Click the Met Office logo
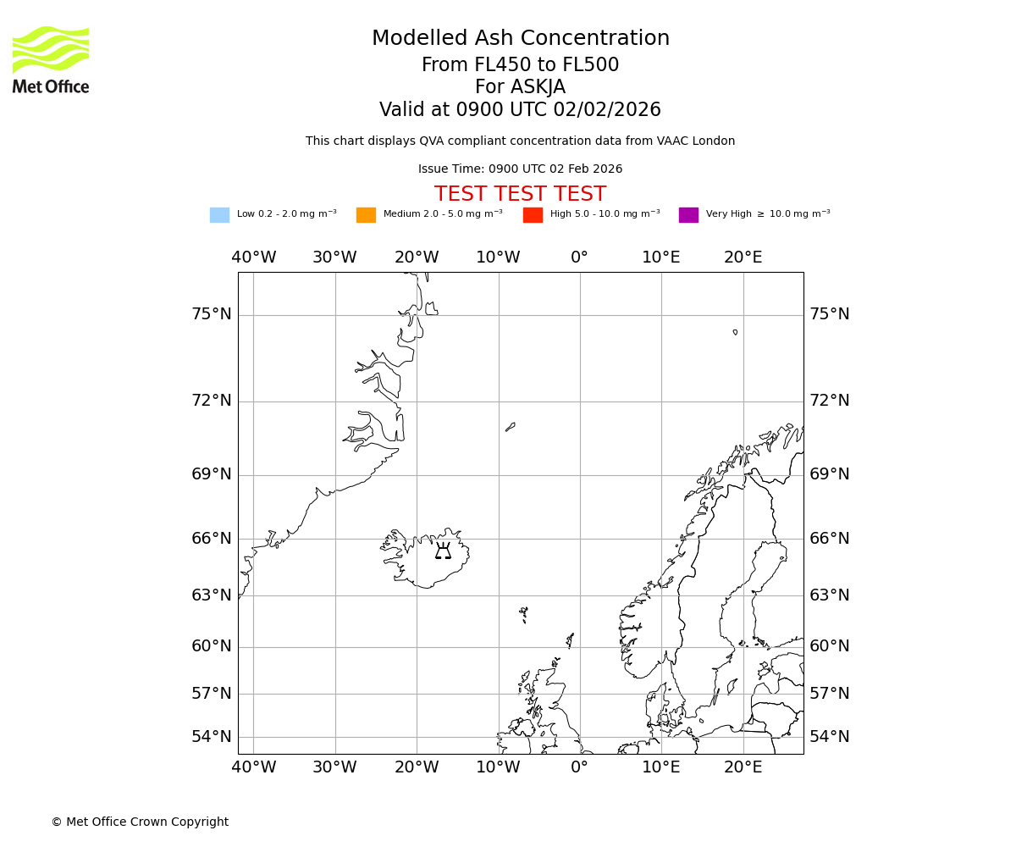point(51,59)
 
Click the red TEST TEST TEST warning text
point(520,194)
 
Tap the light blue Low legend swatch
point(219,214)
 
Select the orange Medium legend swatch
point(366,214)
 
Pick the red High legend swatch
point(533,214)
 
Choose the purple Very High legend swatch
point(688,214)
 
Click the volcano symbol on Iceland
point(443,552)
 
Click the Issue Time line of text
point(520,169)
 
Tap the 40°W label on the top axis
point(254,257)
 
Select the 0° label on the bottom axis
point(579,767)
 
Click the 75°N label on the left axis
point(212,314)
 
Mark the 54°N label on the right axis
point(829,736)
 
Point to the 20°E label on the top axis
point(743,257)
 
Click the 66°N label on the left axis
point(212,538)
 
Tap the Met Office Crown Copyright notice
point(140,822)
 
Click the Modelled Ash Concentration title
point(520,38)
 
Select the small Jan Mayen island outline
point(511,427)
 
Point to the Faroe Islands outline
point(524,614)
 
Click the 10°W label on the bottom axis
point(498,767)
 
